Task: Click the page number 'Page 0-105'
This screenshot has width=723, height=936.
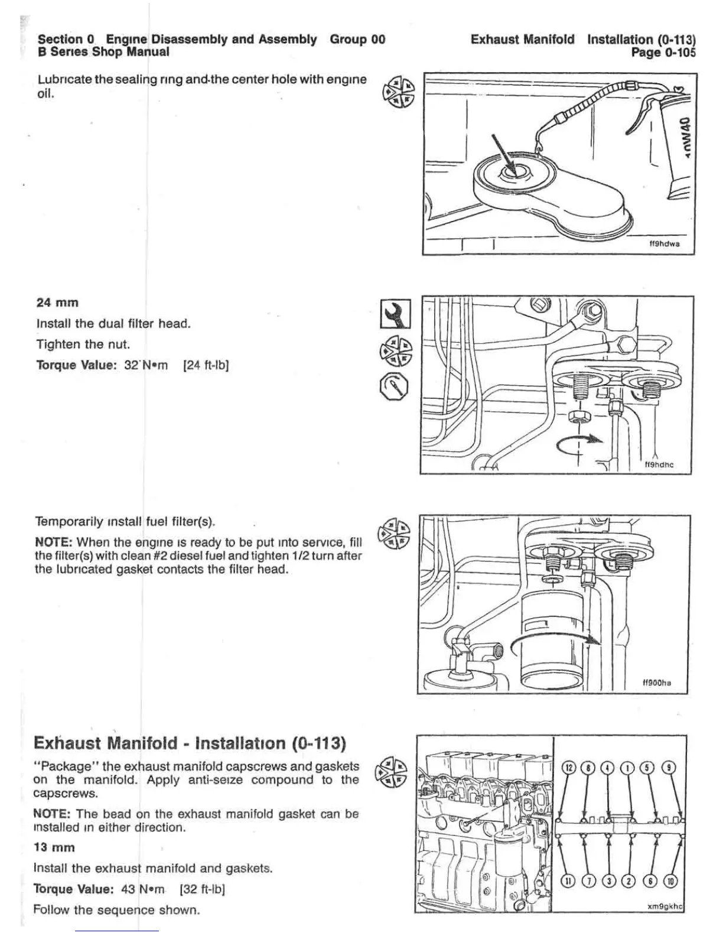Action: click(x=663, y=52)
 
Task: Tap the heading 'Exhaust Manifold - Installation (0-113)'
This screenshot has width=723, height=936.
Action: click(x=190, y=743)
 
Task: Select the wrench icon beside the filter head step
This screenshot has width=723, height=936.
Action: click(x=396, y=313)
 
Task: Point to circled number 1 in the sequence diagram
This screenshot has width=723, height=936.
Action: click(x=628, y=768)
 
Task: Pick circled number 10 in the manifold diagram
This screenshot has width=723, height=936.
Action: click(x=672, y=881)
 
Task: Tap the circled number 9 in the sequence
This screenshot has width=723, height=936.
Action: click(x=668, y=768)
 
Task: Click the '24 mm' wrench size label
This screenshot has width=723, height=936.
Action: click(x=57, y=303)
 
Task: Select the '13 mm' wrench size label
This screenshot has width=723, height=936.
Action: click(x=54, y=847)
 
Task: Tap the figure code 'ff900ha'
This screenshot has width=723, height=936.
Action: click(x=657, y=683)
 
